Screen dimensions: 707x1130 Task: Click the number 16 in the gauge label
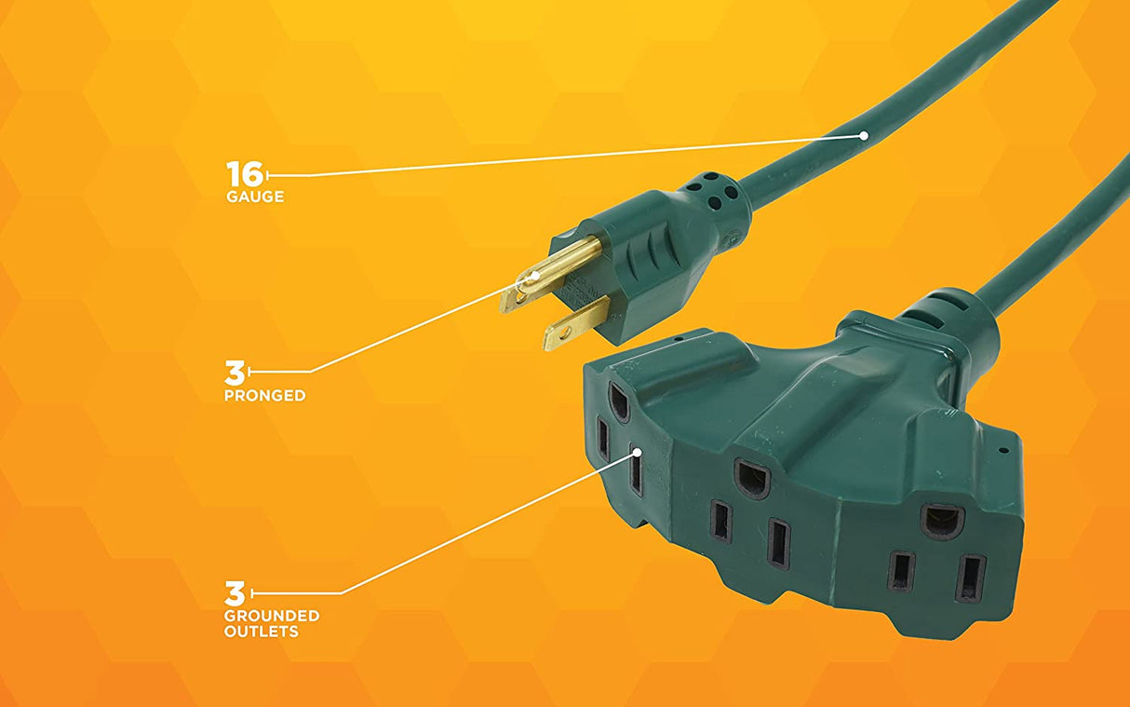[245, 173]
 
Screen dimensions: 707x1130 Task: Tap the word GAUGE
[254, 197]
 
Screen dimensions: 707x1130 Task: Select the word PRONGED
[264, 396]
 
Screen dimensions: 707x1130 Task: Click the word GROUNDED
[271, 616]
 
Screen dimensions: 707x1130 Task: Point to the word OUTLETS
[261, 632]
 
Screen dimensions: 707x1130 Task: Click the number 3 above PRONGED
[234, 373]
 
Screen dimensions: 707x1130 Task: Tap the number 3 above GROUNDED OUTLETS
[234, 592]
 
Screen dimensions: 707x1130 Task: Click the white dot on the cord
[864, 136]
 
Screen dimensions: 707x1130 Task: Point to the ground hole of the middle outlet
[752, 478]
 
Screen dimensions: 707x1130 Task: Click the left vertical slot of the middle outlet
[721, 522]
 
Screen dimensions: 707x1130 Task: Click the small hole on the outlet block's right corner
[1003, 451]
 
